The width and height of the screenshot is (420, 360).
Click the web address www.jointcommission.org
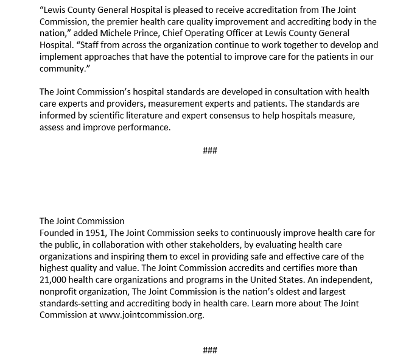[151, 315]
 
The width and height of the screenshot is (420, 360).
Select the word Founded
[58, 233]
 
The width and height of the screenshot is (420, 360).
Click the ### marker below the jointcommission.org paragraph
[210, 350]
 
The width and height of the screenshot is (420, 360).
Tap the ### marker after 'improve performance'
[210, 150]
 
